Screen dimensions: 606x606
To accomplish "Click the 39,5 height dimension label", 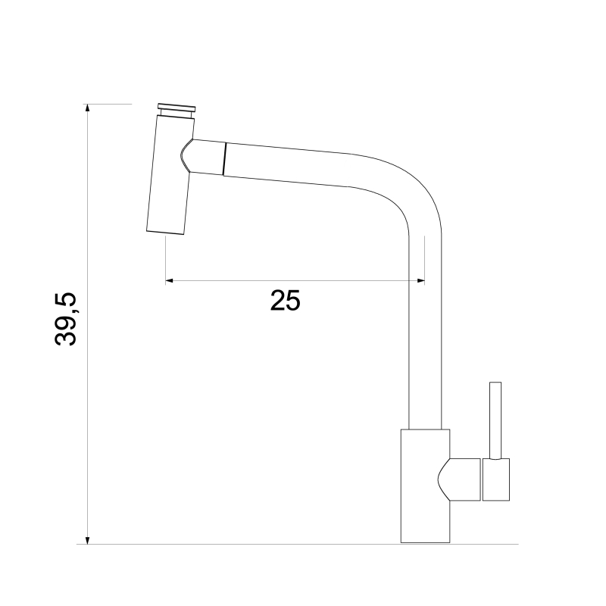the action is (x=66, y=319).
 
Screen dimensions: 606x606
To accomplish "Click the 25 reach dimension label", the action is (x=286, y=300).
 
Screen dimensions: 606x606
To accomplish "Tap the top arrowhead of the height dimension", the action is (x=88, y=108).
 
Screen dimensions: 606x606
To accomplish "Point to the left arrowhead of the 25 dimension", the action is (x=170, y=280).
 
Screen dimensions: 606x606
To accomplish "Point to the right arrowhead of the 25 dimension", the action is (x=420, y=280).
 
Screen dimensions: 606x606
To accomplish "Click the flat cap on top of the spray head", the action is (x=176, y=108).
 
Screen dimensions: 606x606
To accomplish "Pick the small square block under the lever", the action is (x=496, y=479).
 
